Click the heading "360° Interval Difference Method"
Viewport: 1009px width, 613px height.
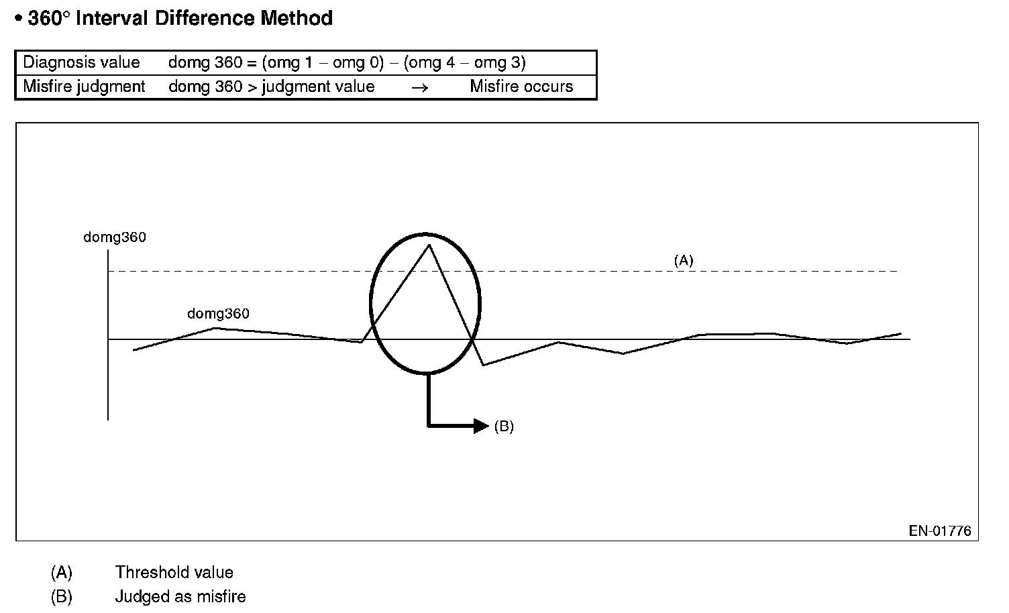pos(180,18)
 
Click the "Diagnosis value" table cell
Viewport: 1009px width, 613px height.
pos(81,62)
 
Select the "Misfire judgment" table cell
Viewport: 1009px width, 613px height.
pos(84,87)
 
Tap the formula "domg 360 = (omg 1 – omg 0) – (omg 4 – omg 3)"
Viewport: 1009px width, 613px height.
pos(346,62)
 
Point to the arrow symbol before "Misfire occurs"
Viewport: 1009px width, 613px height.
pos(419,87)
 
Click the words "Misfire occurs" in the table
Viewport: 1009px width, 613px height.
pos(521,87)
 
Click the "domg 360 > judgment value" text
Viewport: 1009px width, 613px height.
pos(271,87)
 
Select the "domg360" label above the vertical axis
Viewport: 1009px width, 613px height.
pos(114,237)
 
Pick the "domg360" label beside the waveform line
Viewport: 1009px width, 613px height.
pos(218,313)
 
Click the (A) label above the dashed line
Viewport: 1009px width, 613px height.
pos(683,260)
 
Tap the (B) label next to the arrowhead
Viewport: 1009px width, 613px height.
pos(504,427)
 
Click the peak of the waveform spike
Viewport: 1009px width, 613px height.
pos(429,245)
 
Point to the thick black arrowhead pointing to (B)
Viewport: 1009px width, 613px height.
pos(480,426)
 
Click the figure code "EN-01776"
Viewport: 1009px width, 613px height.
pos(940,531)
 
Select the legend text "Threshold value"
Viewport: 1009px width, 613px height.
pos(174,572)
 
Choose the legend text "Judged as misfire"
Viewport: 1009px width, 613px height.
pos(180,596)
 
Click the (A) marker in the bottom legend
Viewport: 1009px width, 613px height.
pos(61,572)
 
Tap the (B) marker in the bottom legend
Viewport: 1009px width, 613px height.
pos(61,596)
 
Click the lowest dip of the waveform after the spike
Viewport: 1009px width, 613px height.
pos(484,365)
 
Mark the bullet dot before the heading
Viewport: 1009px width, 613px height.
pos(19,19)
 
